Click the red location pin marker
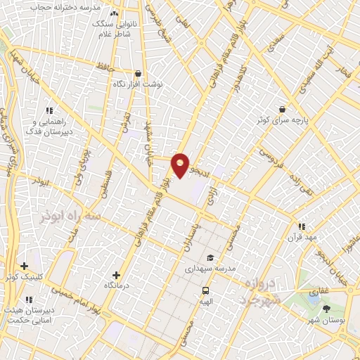click(181, 164)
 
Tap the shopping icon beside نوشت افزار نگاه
click(138, 73)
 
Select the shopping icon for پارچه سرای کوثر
click(282, 109)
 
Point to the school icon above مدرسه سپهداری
click(211, 257)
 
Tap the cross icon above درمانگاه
click(116, 275)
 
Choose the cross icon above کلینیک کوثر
click(25, 266)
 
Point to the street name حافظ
click(106, 67)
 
